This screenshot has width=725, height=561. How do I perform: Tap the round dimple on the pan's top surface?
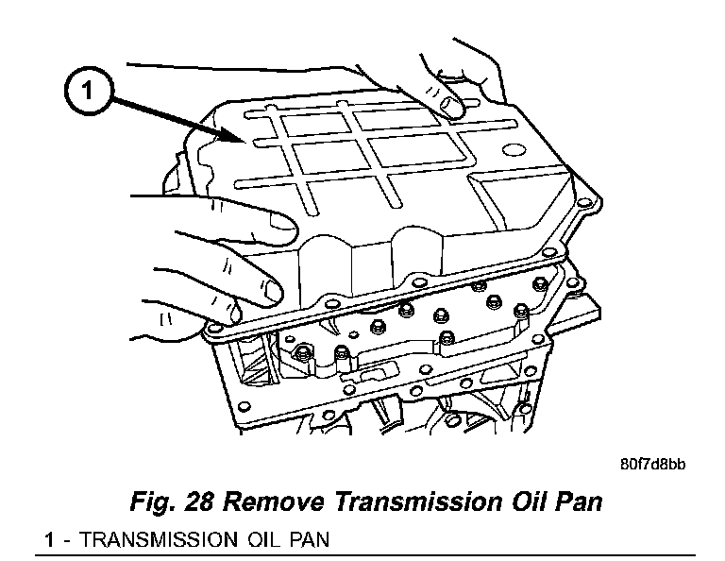[514, 148]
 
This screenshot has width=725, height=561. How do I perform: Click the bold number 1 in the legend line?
[50, 540]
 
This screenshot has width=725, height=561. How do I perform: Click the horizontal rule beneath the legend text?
[368, 553]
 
